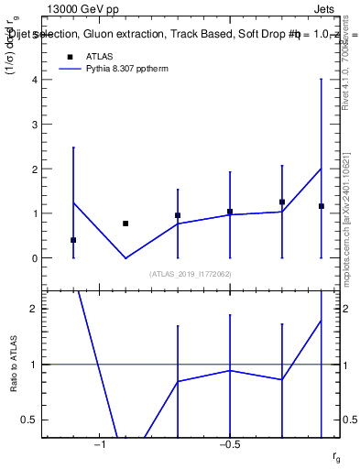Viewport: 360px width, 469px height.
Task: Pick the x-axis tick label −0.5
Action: [229, 445]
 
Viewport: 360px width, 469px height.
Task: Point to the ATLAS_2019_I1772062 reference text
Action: [191, 273]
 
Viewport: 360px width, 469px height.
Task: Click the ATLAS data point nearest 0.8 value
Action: [125, 224]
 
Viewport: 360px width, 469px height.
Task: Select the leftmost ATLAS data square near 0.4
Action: [73, 240]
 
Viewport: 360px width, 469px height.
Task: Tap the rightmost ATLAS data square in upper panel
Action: [321, 206]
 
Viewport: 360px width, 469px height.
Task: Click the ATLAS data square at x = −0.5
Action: [230, 212]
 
